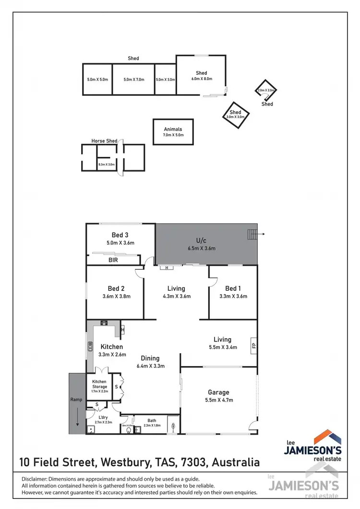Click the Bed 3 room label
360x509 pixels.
(120, 235)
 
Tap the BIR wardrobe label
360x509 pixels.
(114, 260)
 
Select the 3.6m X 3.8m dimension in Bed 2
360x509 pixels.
(116, 296)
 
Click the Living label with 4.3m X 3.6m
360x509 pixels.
(176, 288)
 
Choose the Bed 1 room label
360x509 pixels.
(232, 288)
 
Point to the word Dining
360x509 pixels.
(150, 358)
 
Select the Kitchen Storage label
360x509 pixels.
(100, 384)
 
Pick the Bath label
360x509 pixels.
(152, 420)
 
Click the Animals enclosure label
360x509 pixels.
(173, 129)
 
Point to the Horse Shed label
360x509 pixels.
(104, 141)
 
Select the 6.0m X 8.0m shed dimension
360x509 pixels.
(202, 79)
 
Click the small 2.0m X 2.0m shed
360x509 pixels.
(265, 90)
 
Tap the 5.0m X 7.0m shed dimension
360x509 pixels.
(133, 79)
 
